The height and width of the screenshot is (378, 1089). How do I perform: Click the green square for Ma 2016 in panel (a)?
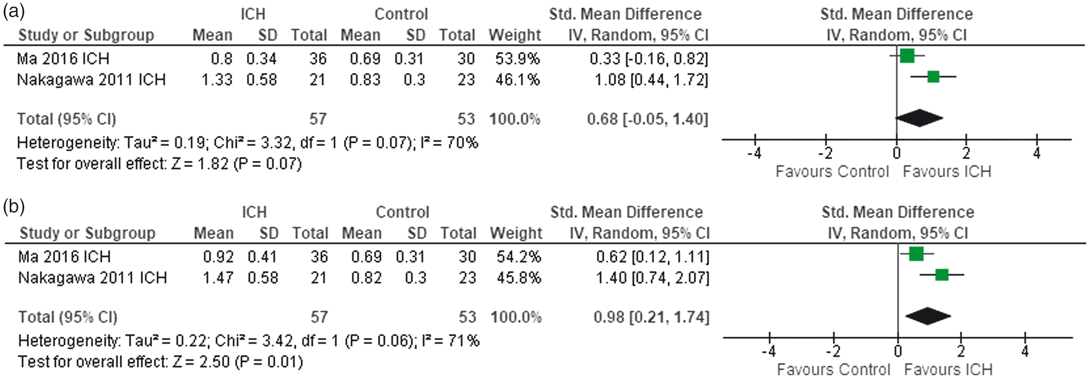[907, 56]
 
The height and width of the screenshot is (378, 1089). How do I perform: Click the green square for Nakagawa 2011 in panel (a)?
[934, 76]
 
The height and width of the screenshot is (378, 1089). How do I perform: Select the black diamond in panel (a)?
[919, 118]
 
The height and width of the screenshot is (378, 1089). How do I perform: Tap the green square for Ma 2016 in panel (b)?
[916, 254]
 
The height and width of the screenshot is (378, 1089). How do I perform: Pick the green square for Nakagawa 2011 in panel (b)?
[942, 275]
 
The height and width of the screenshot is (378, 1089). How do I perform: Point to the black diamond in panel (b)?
[929, 316]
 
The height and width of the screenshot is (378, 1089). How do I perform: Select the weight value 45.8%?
[519, 278]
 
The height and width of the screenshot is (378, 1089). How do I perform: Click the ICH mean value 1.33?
[217, 80]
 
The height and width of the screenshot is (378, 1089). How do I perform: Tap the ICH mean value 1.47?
[218, 278]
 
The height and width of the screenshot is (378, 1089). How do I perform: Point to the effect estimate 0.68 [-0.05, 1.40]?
[648, 119]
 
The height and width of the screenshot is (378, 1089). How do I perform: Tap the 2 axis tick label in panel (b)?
[961, 351]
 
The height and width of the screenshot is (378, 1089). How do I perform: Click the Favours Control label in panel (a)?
[832, 172]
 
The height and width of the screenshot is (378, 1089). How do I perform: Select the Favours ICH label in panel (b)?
[949, 369]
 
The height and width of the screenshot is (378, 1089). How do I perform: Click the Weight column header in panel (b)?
[516, 233]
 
